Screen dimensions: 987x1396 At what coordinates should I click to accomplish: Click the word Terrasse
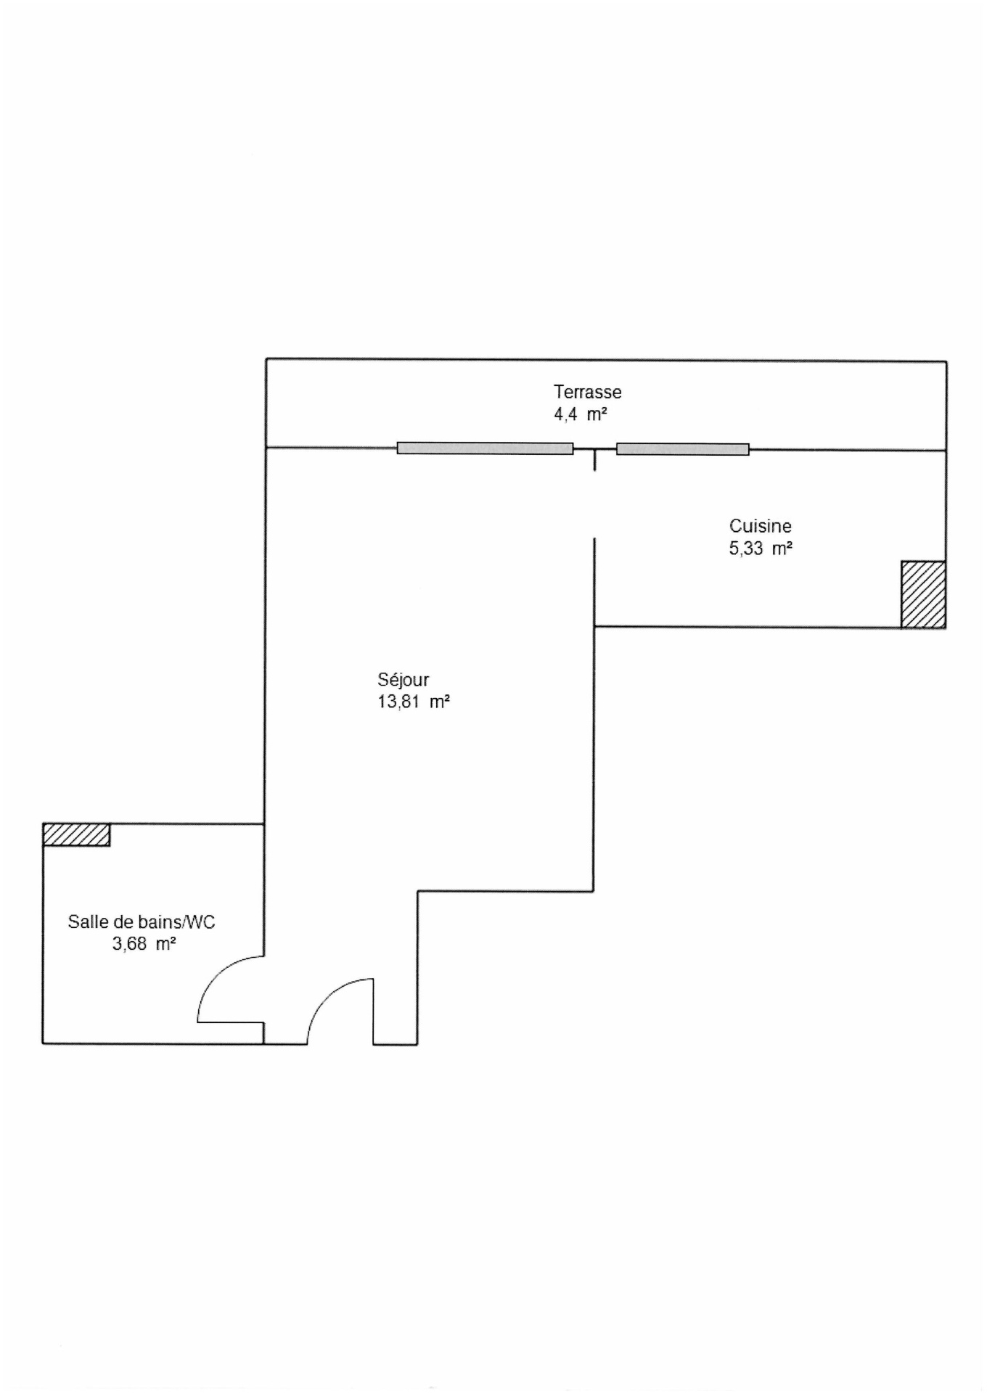pos(587,392)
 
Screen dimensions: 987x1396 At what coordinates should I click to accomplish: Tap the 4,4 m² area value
pos(580,415)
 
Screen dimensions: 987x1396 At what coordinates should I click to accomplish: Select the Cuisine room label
pos(760,525)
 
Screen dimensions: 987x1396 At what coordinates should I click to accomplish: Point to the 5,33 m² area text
pos(760,549)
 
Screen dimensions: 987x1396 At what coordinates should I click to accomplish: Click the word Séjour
pos(403,679)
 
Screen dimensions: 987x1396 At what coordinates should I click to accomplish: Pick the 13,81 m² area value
pos(413,702)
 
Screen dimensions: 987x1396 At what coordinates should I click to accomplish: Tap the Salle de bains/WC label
pos(142,921)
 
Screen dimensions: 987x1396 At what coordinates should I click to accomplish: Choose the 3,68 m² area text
pos(144,944)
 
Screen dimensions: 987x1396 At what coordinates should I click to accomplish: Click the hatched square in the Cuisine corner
pos(923,594)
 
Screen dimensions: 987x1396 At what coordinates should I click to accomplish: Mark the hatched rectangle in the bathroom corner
pos(76,834)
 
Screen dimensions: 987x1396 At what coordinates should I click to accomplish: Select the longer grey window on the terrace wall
pos(485,448)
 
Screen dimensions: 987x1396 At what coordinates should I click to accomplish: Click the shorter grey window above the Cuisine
pos(682,449)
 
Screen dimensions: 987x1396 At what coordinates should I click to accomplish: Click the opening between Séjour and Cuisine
pos(595,505)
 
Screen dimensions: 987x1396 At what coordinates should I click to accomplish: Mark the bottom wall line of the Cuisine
pos(748,627)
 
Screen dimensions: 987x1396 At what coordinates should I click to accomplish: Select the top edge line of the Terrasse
pos(606,360)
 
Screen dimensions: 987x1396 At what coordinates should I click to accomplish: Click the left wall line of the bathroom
pos(43,933)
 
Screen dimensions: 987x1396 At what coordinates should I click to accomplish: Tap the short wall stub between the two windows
pos(595,460)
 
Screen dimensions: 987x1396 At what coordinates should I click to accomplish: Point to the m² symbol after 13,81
pos(439,702)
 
